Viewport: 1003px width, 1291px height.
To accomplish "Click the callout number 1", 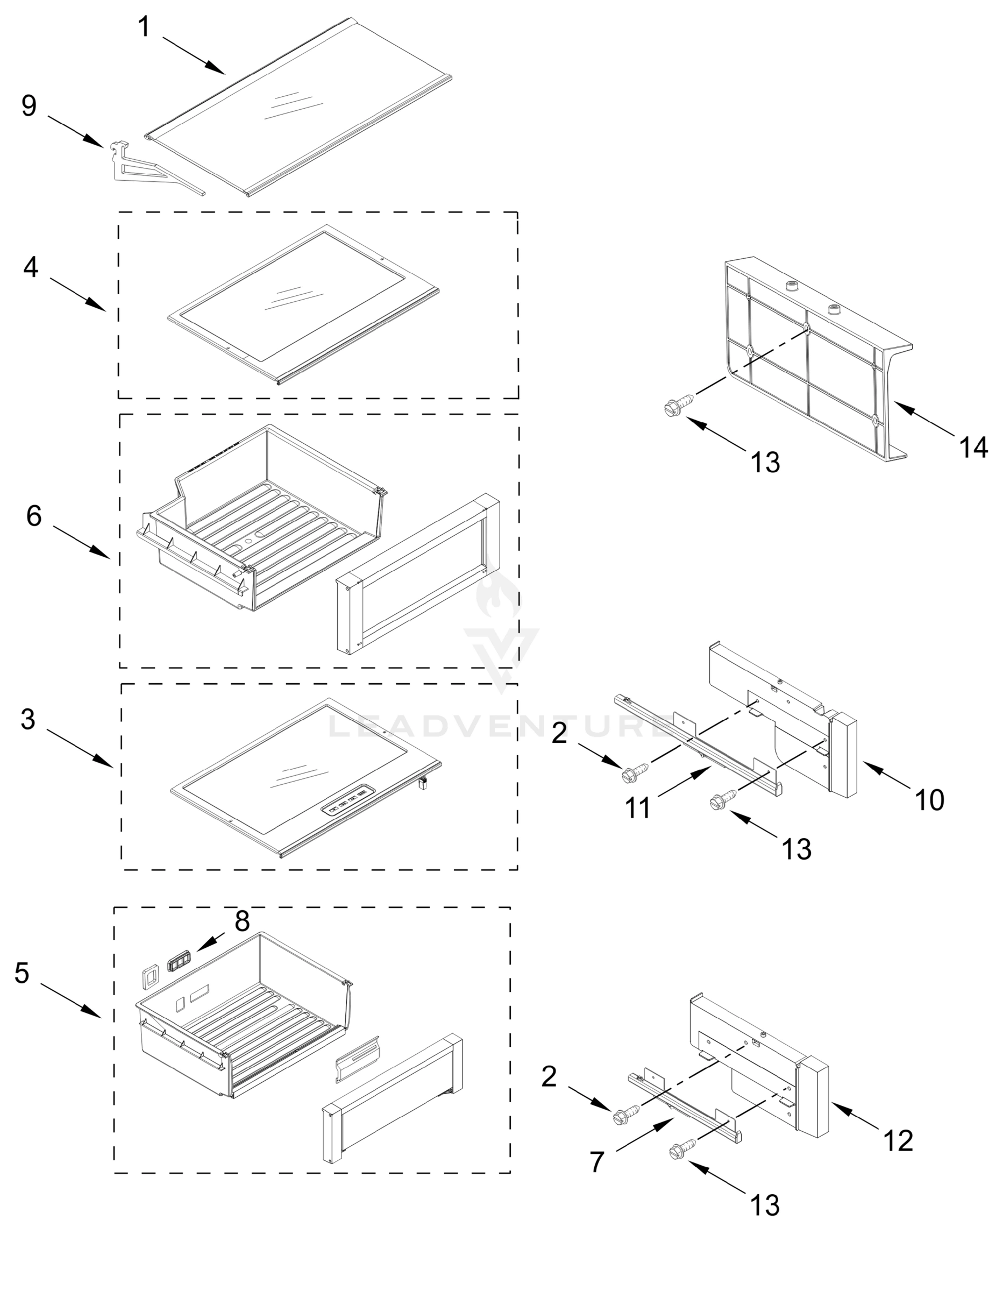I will (x=144, y=28).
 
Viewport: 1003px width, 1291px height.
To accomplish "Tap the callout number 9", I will (x=29, y=107).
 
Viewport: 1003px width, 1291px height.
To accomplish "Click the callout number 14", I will (x=973, y=448).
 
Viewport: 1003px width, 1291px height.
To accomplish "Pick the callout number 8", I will (x=241, y=921).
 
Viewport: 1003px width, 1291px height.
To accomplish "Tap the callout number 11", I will (x=638, y=807).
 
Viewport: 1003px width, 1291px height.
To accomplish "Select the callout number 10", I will (x=930, y=800).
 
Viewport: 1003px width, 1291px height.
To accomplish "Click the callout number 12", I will (x=898, y=1141).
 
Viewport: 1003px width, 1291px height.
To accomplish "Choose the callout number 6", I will (x=34, y=516).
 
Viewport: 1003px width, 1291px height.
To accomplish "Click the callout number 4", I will (x=31, y=267).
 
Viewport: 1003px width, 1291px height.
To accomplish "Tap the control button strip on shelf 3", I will (x=348, y=806).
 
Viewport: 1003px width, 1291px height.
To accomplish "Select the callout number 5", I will (x=22, y=973).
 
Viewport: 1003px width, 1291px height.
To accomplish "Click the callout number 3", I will (x=28, y=719).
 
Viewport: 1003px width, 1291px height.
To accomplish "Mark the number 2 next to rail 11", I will (x=559, y=734).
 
